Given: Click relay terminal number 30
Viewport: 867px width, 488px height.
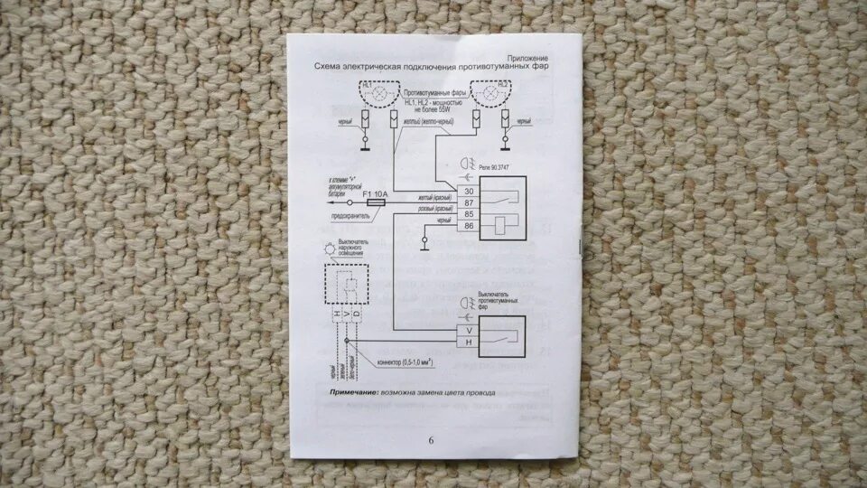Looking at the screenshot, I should coord(468,192).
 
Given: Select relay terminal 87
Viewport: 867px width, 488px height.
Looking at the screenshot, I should coord(468,202).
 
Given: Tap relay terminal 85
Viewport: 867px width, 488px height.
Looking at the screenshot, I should coord(468,214).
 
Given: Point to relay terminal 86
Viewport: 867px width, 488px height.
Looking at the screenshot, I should coord(468,225).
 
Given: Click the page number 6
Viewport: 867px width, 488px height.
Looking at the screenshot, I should coord(431,440).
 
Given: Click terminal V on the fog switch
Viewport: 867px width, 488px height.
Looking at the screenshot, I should coord(468,331).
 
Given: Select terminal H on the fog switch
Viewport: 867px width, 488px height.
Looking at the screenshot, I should coord(468,343).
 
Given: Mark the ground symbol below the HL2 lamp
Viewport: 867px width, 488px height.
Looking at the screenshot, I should coord(505,140).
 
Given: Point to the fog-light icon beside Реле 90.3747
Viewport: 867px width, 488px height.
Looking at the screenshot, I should coord(467,166).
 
